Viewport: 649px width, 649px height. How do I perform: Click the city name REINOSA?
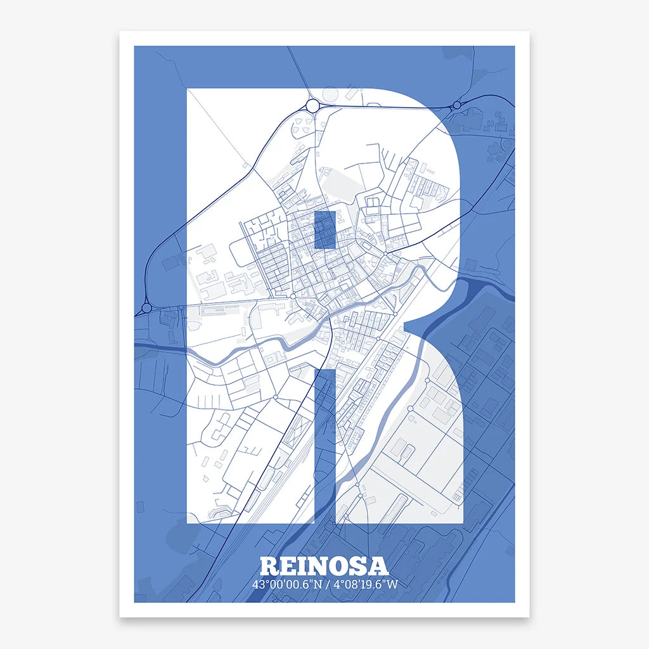324,566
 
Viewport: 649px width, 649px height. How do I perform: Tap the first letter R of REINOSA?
269,566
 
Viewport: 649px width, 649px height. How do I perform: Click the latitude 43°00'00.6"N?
285,584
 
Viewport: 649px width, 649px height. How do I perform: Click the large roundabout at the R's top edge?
312,105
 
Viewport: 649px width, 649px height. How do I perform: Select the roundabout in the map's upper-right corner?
456,105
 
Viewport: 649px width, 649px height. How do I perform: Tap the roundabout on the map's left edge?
146,308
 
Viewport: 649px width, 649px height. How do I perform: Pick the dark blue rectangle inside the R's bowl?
324,229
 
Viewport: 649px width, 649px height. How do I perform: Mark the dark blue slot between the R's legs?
324,444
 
